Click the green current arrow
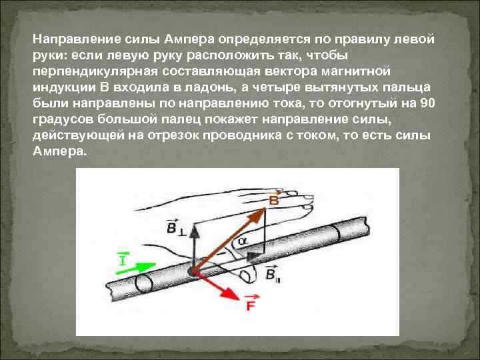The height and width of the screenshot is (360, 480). pos(137,269)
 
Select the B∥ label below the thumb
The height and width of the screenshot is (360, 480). pos(273,274)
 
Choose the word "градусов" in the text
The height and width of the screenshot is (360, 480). pos(60,120)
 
